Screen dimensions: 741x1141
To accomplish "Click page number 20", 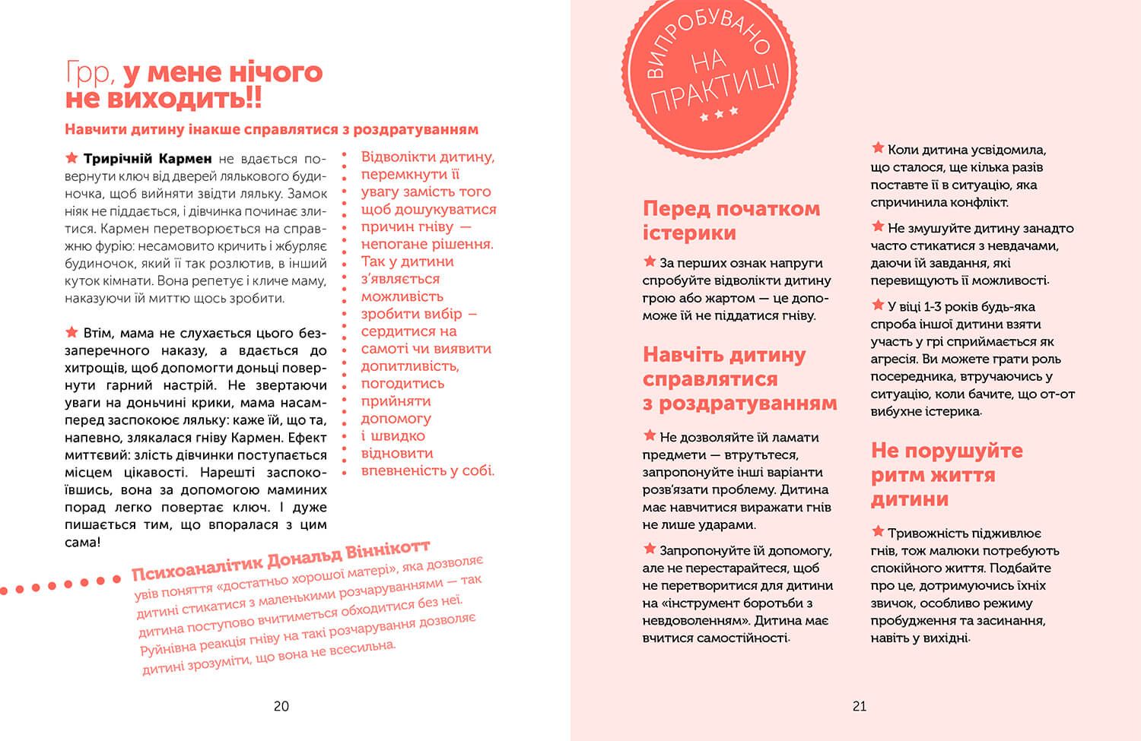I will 281,706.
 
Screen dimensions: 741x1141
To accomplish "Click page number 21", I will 859,706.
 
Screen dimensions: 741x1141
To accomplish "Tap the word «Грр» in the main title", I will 90,73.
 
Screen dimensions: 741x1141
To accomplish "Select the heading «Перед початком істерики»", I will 731,220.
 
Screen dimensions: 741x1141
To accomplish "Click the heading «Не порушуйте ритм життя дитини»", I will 946,474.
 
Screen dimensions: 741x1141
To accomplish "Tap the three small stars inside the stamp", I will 719,115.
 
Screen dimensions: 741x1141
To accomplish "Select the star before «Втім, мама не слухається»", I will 72,332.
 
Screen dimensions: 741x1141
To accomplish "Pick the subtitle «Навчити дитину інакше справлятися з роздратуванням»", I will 272,129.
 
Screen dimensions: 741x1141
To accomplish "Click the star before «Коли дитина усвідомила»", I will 878,148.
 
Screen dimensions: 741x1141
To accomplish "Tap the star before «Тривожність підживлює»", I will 878,532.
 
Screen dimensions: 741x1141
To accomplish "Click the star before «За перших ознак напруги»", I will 650,261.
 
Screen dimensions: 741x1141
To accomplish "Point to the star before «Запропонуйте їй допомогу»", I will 650,549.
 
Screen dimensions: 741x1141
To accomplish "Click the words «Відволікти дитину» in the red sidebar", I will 427,157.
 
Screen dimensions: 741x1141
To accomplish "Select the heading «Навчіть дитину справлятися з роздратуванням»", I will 739,378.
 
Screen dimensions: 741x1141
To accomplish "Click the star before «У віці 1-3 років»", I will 878,306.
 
